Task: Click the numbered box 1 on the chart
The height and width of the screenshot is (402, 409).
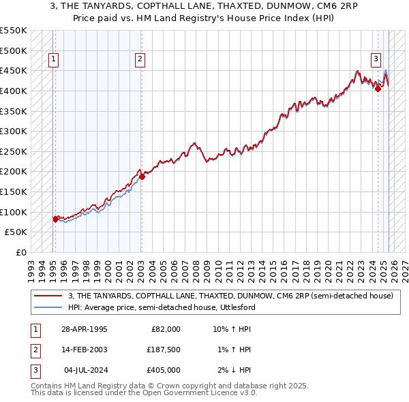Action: point(54,60)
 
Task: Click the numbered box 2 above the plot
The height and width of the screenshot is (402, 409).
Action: point(139,60)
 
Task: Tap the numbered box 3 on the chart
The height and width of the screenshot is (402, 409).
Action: point(376,60)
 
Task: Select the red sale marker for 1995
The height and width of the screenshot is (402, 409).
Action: point(55,219)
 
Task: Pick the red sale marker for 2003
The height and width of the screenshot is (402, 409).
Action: point(142,176)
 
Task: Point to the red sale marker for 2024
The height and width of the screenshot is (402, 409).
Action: point(378,89)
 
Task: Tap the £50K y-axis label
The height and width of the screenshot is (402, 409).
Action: point(16,232)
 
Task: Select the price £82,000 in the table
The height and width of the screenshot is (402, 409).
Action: point(164,329)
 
